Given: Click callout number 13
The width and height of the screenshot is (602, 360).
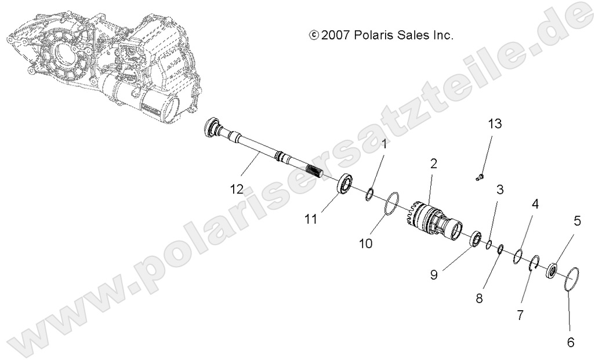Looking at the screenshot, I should click(495, 124).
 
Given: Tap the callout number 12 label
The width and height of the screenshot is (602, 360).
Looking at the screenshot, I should click(236, 188).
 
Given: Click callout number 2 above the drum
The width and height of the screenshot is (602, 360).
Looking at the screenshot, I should click(433, 163).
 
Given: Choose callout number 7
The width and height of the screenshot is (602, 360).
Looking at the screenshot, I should click(520, 314).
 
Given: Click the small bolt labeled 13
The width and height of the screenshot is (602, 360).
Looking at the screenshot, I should click(480, 176).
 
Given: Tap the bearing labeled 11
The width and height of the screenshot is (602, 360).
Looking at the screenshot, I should click(346, 184).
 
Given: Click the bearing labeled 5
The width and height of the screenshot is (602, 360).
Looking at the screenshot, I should click(552, 270).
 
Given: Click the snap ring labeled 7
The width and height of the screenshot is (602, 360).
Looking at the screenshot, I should click(536, 262).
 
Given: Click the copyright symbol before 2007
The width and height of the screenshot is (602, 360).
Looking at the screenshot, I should click(313, 35).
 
